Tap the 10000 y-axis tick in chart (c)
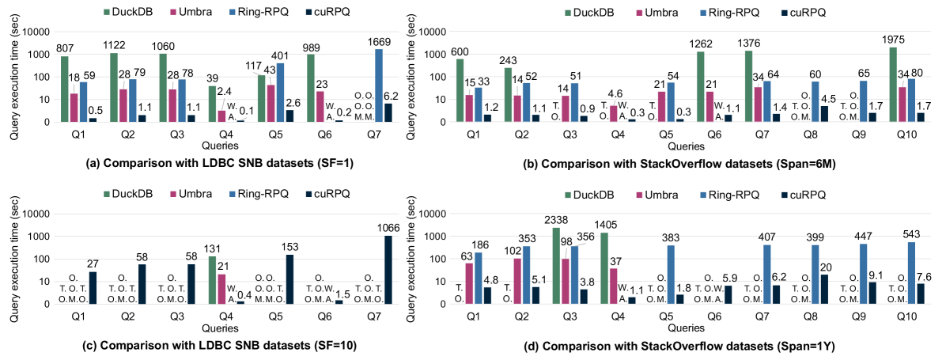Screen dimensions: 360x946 pos(36,214)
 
